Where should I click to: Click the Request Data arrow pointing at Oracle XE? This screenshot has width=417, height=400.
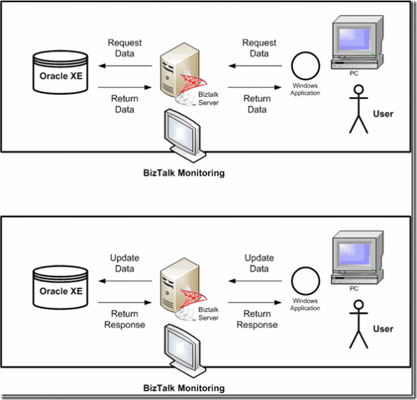point(124,67)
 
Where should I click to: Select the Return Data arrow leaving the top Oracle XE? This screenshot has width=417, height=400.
point(124,88)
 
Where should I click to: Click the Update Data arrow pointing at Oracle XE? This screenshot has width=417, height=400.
point(124,282)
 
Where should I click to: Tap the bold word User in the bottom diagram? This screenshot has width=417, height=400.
point(382,330)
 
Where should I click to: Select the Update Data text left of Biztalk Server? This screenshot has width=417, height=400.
point(124,263)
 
